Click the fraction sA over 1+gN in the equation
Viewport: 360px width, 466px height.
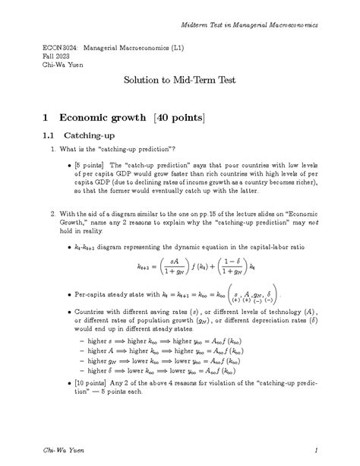(x=172, y=267)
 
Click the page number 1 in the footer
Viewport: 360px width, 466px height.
(x=324, y=451)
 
